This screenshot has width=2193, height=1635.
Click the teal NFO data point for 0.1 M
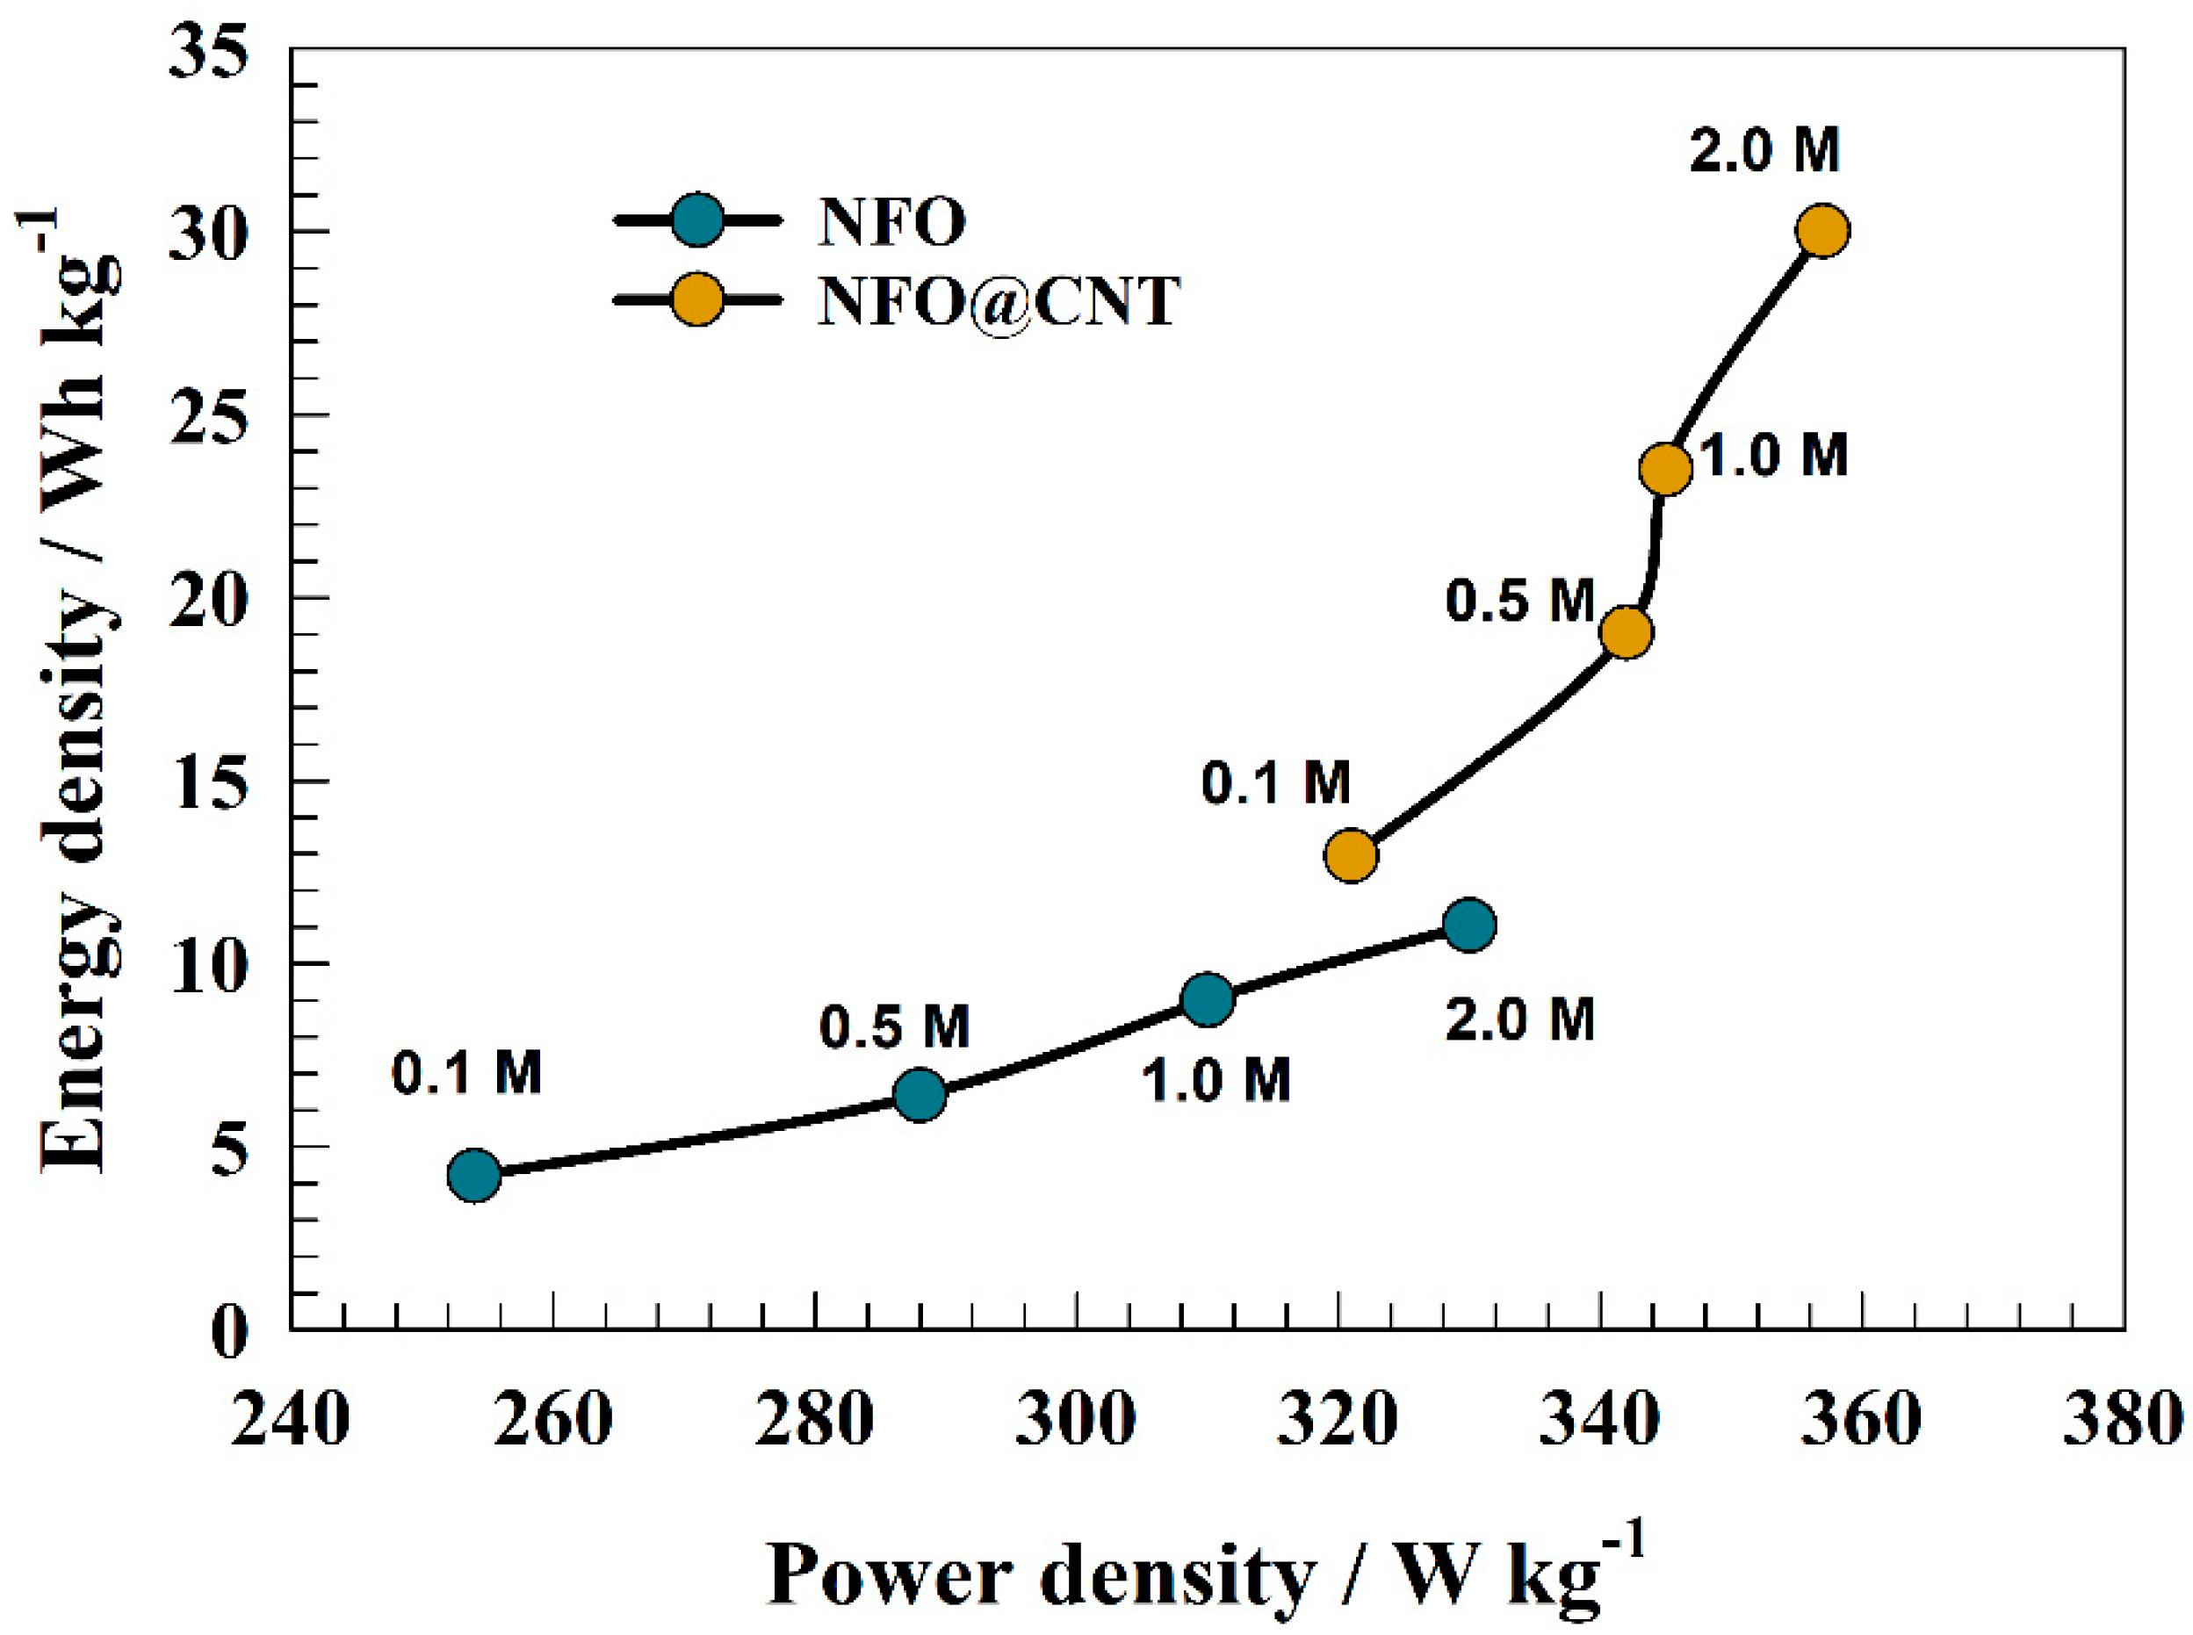pyautogui.click(x=474, y=1176)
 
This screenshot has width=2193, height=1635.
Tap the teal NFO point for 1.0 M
pyautogui.click(x=1207, y=998)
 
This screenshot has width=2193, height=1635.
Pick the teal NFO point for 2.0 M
pyautogui.click(x=1468, y=926)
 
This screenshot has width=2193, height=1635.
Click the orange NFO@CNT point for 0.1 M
pyautogui.click(x=1351, y=854)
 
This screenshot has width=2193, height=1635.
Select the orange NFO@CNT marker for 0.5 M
pyautogui.click(x=1626, y=632)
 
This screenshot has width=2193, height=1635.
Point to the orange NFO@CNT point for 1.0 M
pyautogui.click(x=1665, y=469)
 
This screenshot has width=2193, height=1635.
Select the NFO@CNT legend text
pyautogui.click(x=999, y=301)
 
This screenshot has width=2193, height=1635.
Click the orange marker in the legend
pyautogui.click(x=697, y=299)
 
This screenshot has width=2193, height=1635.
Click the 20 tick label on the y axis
pyautogui.click(x=206, y=601)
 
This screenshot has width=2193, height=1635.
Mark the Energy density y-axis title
pyautogui.click(x=75, y=693)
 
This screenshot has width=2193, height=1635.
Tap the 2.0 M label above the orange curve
pyautogui.click(x=1764, y=150)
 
